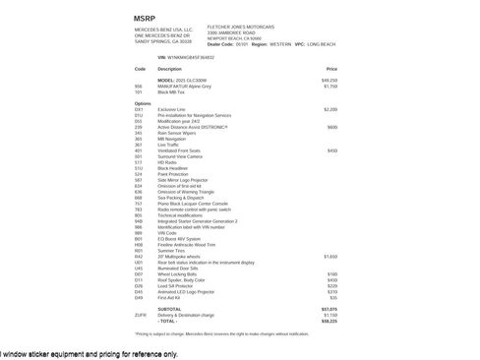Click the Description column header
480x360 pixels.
coord(169,70)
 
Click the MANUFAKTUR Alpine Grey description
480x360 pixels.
coord(186,87)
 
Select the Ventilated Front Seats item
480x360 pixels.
coord(180,150)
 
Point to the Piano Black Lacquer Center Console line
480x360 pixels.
coord(198,203)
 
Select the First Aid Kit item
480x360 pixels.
coord(170,296)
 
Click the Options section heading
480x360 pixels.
coord(144,103)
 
